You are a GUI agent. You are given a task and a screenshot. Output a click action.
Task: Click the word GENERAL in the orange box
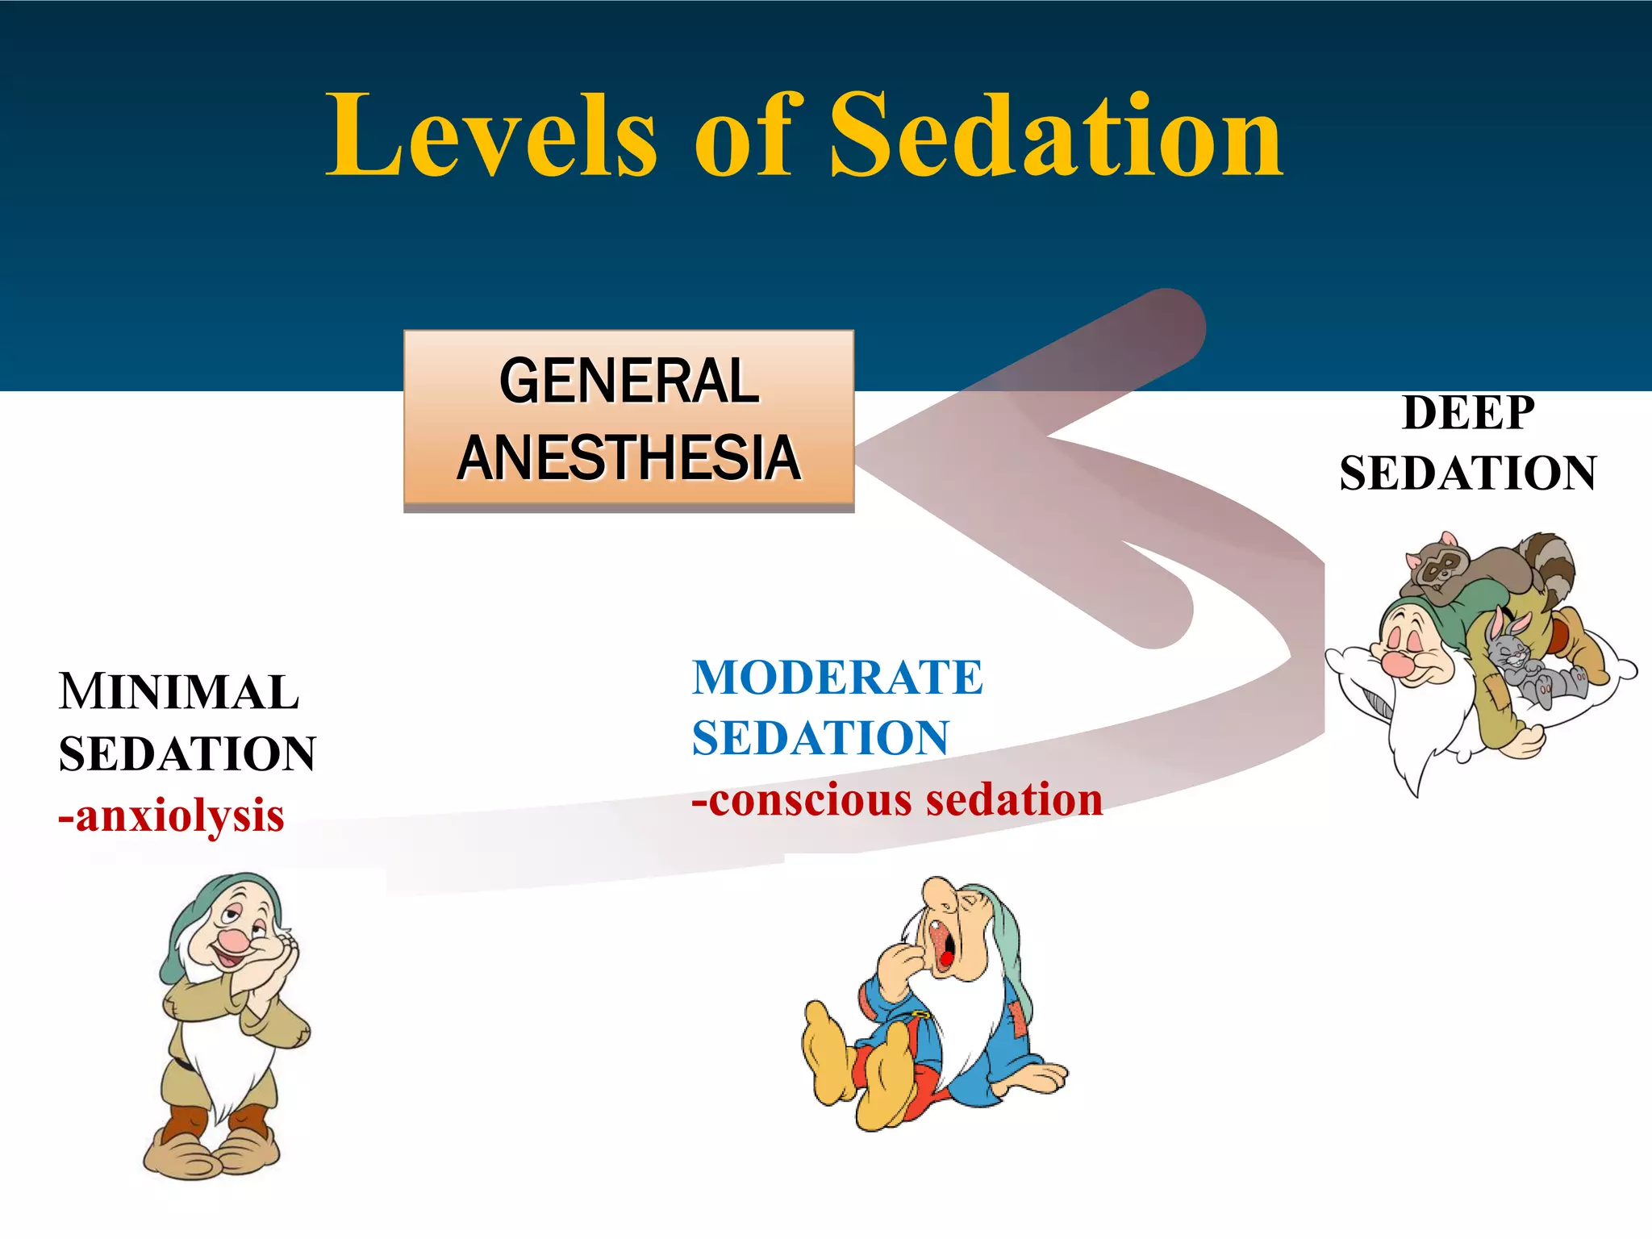point(628,382)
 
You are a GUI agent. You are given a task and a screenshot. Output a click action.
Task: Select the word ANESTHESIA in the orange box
point(628,457)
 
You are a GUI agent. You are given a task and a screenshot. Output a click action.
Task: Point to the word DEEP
point(1468,413)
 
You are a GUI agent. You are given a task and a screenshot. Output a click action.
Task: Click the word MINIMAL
point(179,692)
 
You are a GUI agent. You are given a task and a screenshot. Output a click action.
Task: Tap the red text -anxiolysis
point(171,816)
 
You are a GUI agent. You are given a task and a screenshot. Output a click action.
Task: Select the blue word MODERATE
point(837,678)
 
